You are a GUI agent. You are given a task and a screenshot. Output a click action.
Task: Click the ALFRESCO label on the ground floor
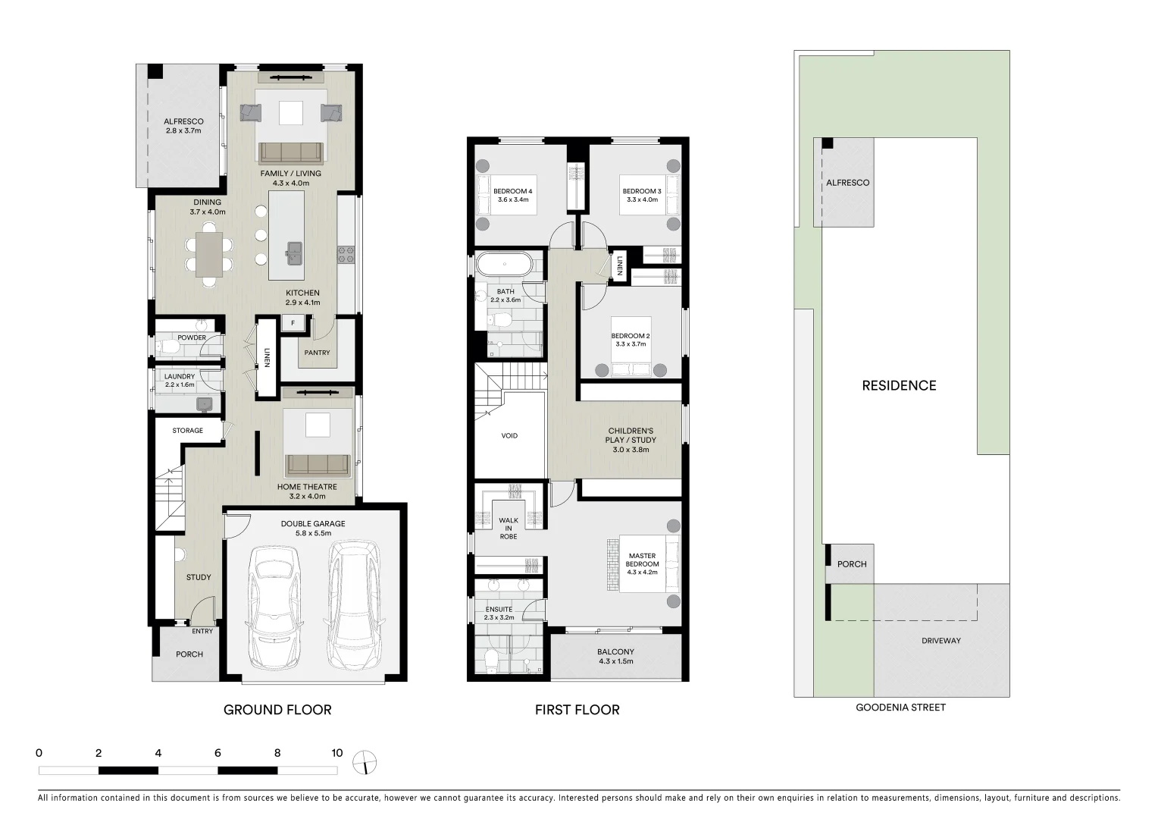coord(183,126)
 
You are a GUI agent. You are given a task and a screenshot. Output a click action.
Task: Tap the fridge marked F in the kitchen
coord(293,324)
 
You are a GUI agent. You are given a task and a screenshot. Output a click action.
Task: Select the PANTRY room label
coord(317,353)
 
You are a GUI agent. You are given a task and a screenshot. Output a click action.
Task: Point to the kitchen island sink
coord(293,250)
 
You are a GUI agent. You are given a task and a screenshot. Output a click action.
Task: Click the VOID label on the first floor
coord(509,436)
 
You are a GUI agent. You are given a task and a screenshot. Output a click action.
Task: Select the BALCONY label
coord(615,656)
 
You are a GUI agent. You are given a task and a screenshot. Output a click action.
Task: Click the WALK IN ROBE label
coord(508,529)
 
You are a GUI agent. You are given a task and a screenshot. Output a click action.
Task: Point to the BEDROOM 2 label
coord(631,340)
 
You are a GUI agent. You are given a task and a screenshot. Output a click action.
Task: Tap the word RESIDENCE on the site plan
coord(899,385)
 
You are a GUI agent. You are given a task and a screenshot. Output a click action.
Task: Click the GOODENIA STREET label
coord(900,708)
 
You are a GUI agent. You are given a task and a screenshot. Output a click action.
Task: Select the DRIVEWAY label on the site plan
coord(940,641)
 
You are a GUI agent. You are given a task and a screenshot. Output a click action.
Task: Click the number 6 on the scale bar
coord(218,753)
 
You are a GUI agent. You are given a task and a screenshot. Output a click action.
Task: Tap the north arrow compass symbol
coord(365,761)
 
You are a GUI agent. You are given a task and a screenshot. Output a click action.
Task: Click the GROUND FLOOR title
coord(277,710)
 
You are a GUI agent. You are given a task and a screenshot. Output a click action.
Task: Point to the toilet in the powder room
coord(169,347)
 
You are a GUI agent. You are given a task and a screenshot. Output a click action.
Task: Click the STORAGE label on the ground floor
coord(187,431)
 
